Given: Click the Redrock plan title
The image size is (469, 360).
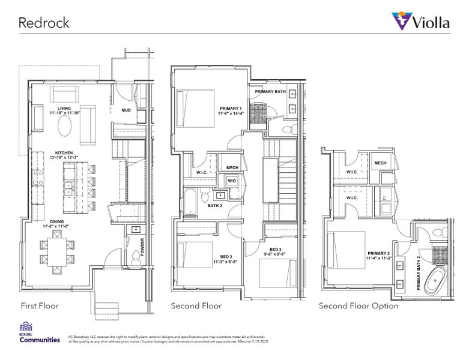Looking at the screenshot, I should [x=44, y=23].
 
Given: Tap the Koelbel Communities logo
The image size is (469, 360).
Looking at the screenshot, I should [x=40, y=333].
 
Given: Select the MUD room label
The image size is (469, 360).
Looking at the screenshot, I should [x=126, y=110].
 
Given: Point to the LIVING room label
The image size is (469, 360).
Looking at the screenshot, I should [x=65, y=109].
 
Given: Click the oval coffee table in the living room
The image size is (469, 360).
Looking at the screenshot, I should [x=66, y=127].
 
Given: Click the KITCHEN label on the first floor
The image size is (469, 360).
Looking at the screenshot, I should [x=65, y=153].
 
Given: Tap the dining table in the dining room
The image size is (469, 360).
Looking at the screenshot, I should [x=59, y=252].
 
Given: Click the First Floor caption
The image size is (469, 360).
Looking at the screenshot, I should [x=40, y=305].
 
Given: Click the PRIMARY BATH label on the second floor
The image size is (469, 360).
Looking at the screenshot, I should [x=270, y=91].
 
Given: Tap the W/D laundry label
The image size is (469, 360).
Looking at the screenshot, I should [x=232, y=181].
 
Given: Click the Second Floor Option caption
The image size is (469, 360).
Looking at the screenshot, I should [x=359, y=305].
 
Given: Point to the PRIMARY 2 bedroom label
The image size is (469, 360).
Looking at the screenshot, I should [x=380, y=254].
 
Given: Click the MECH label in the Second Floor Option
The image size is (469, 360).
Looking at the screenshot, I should [x=380, y=163].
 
